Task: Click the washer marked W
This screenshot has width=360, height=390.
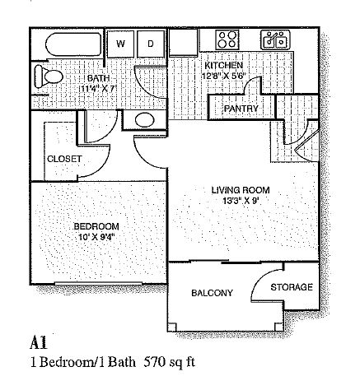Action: coord(120,44)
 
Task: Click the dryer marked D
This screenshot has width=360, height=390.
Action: coord(151,44)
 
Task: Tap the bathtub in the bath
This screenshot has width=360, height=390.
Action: coord(73,44)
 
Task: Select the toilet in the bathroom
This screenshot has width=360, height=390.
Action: coord(48,77)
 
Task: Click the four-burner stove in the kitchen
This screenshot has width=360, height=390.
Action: coord(227,39)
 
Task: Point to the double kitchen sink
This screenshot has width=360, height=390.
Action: coord(275,39)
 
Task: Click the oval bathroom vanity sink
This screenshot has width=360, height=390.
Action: coord(145,120)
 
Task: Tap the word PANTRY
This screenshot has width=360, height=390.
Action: coord(241,109)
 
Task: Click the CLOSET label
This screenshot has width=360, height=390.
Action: coord(64,159)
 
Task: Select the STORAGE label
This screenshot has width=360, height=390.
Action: coord(292,287)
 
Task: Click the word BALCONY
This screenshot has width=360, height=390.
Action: coord(212,293)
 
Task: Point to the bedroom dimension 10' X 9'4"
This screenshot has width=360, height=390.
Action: coord(96,237)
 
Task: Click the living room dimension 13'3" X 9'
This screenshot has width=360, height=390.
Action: coord(241,201)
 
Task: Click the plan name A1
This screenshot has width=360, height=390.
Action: coord(39,343)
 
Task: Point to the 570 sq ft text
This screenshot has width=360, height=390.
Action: coord(170,362)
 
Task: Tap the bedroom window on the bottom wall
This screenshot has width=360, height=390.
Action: coord(99,284)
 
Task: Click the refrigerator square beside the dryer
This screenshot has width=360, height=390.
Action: coord(183,43)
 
